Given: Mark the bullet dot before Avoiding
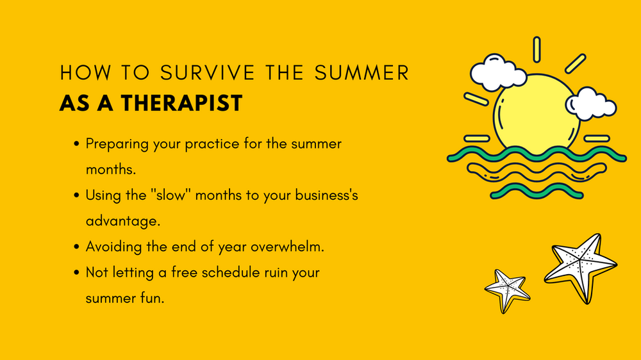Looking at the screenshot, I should [x=78, y=247].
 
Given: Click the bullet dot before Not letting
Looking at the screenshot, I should [x=78, y=272].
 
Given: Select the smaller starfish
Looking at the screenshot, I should [x=506, y=290].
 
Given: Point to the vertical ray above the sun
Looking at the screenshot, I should [x=537, y=49].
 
